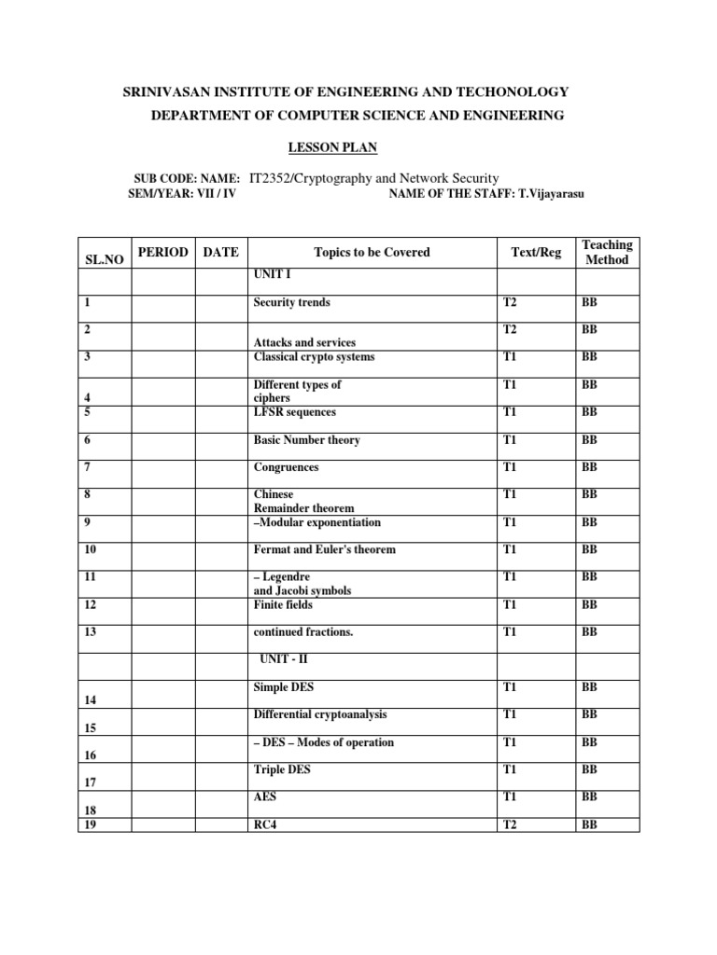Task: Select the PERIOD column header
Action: (x=163, y=252)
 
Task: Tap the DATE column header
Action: (x=220, y=252)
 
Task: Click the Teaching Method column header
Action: (x=607, y=252)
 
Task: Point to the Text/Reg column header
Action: (x=537, y=252)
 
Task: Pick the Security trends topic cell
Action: (x=291, y=302)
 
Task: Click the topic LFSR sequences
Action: (x=294, y=412)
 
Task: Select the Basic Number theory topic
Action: (x=306, y=440)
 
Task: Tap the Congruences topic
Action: (x=286, y=467)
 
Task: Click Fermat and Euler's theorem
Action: (x=325, y=549)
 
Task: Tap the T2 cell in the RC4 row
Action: (x=510, y=825)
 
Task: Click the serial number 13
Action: (x=90, y=632)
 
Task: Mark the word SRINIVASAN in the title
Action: (x=165, y=91)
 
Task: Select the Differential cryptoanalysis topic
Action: (x=320, y=715)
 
